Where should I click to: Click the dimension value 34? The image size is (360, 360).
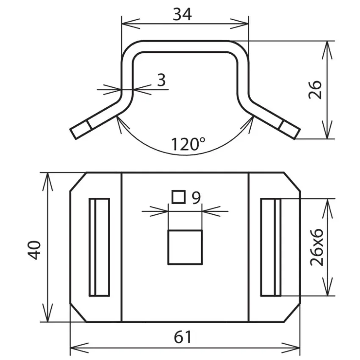(x=182, y=14)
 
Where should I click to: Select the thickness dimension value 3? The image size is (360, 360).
(x=161, y=80)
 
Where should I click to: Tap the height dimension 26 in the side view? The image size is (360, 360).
(x=315, y=90)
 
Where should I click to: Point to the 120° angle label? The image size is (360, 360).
(x=188, y=144)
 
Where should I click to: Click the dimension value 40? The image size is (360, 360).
(x=34, y=250)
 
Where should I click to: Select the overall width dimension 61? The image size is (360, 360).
(x=183, y=337)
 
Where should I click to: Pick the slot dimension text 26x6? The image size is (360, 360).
(x=317, y=247)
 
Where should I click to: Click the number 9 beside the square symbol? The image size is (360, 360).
(x=196, y=198)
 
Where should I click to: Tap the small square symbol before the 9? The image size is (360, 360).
(x=179, y=197)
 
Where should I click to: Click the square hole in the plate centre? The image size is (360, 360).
(x=185, y=247)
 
